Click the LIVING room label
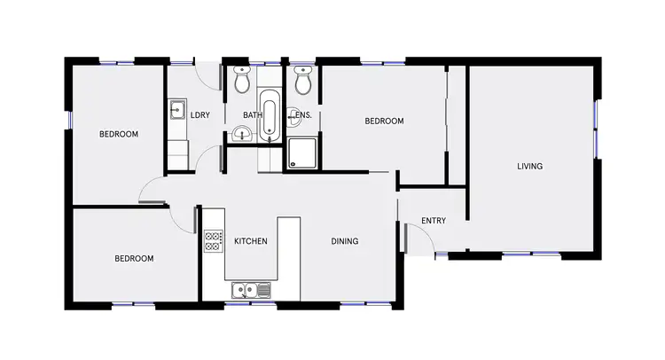[x=530, y=166]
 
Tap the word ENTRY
[x=434, y=221]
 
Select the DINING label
[x=345, y=241]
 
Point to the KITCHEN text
[x=250, y=241]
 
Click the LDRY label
[x=199, y=114]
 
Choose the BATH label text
[x=253, y=115]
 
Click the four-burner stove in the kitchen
[x=213, y=242]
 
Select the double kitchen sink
[x=250, y=290]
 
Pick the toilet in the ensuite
[x=302, y=82]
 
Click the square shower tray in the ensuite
[x=302, y=154]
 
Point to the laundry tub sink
[x=177, y=111]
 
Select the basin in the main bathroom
[x=241, y=135]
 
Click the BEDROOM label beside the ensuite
[x=384, y=121]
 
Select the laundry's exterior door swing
[x=207, y=74]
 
